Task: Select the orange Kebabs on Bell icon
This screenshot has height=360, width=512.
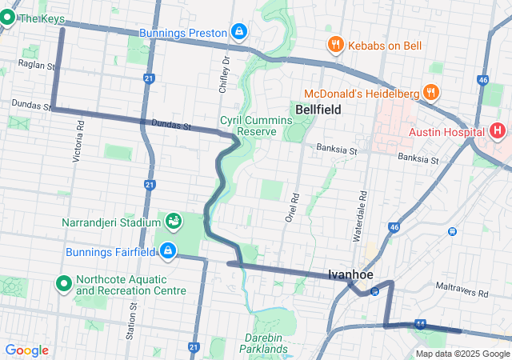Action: (335, 45)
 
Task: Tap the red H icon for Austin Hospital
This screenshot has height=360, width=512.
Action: (498, 130)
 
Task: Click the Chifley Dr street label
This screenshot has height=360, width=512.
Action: (226, 72)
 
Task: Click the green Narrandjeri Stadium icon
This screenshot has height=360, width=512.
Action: (173, 219)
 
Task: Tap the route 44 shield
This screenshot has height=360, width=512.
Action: (421, 324)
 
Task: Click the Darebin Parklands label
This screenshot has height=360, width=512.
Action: (264, 343)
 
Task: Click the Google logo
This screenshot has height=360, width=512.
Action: (26, 350)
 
